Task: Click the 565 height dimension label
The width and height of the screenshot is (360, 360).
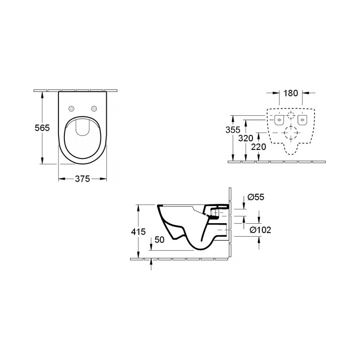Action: (x=42, y=128)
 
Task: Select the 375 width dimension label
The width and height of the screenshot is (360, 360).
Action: (x=82, y=179)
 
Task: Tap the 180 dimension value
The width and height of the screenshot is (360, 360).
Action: (x=290, y=93)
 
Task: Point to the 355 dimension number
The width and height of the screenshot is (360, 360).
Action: (x=233, y=130)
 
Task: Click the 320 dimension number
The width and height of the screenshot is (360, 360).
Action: (x=245, y=139)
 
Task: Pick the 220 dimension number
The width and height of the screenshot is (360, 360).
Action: (x=258, y=147)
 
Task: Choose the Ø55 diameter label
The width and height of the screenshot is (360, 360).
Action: (x=256, y=197)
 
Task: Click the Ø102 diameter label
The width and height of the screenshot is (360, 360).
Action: (x=261, y=230)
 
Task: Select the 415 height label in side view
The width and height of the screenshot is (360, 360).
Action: (x=138, y=232)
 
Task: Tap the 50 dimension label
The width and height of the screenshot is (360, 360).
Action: (x=160, y=240)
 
